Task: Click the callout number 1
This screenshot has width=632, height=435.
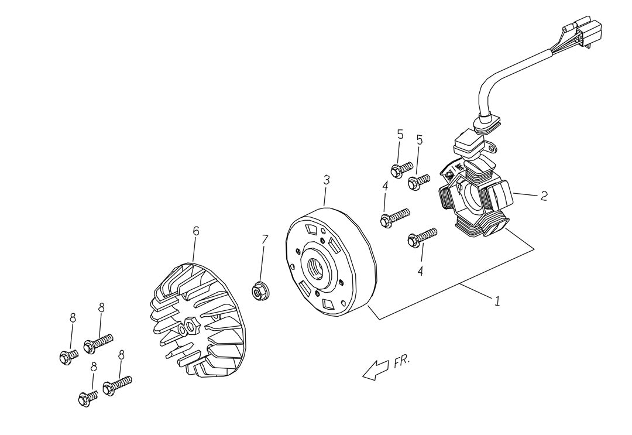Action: coord(497,301)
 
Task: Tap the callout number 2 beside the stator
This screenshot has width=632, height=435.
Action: coord(544,196)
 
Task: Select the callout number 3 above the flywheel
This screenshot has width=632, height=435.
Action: coord(327,180)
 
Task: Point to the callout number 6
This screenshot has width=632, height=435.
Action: coord(196,231)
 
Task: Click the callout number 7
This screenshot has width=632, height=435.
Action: coord(265,239)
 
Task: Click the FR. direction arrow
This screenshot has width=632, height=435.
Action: coord(375,369)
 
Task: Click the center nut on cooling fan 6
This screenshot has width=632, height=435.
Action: coord(190,325)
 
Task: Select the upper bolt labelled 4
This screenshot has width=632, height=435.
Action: coord(395,217)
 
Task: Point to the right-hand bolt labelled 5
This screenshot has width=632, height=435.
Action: coord(419,181)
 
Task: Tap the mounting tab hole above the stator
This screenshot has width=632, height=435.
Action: coord(492,148)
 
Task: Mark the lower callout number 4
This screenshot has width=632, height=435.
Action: coord(420,271)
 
